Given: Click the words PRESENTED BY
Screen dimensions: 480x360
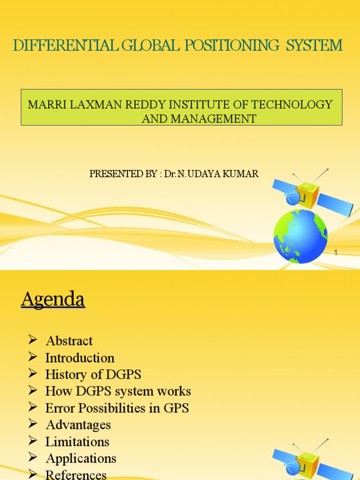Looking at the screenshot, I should coord(123,174).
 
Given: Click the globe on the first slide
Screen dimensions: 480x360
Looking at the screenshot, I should coord(300,236).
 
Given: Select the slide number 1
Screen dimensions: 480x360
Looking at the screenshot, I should coord(336,253).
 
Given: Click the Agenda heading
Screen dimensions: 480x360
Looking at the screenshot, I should coord(53,299).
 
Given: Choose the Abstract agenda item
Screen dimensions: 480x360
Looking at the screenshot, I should coord(69,341).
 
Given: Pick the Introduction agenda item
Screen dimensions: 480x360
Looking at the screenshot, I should coord(80,358).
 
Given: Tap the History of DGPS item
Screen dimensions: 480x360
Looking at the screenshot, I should coord(93,375).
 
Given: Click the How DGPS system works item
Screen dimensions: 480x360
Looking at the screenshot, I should coord(118,391).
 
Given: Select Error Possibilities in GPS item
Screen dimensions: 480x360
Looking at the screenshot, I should coord(117,408).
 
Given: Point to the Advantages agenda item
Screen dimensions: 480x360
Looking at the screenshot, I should coord(78,425).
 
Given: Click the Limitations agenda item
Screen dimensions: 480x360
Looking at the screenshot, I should coord(77,442).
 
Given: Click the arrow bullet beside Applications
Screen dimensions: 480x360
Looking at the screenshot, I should coord(32,457).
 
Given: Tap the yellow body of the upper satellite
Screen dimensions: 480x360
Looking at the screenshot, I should coord(307,194).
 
